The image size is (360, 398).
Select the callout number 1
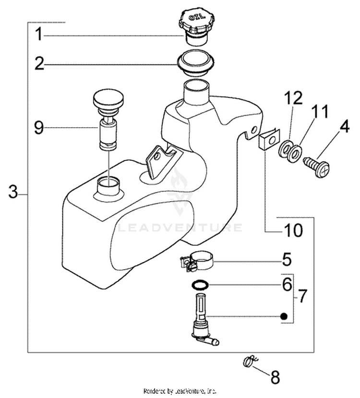39,34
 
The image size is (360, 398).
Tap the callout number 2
39,63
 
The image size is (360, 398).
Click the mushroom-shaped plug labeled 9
109,119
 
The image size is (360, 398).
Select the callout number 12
294,98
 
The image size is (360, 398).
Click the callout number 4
343,127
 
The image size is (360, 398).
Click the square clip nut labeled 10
269,140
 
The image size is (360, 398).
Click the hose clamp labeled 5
197,262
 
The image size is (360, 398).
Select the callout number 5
287,259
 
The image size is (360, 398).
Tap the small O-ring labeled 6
200,285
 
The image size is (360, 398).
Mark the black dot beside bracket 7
284,316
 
